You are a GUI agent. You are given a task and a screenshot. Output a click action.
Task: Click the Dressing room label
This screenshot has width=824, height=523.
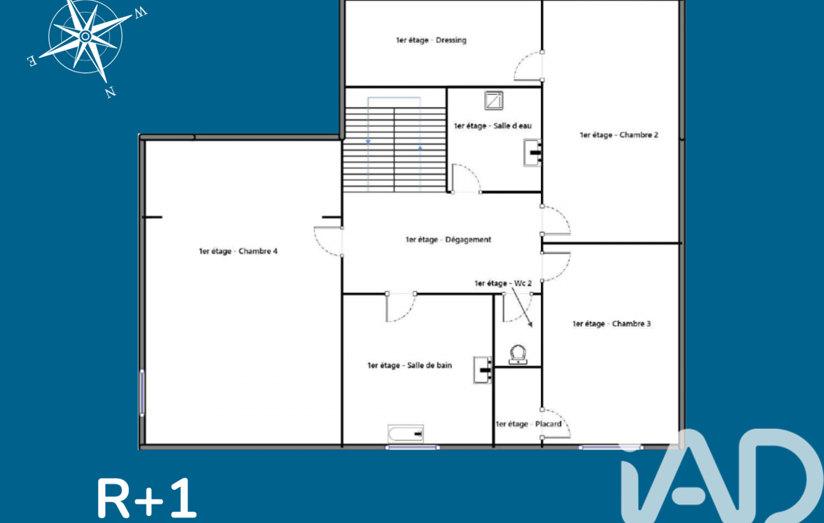[431, 40]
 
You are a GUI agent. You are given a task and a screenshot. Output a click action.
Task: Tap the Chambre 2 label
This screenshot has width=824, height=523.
[618, 134]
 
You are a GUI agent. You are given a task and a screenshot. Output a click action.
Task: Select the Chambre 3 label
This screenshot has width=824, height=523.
[611, 323]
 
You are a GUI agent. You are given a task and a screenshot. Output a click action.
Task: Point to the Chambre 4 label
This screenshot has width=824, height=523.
[238, 251]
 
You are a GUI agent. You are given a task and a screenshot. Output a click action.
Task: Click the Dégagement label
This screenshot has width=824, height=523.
[449, 240]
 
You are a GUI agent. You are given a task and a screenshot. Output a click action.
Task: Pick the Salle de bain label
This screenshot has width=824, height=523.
[409, 365]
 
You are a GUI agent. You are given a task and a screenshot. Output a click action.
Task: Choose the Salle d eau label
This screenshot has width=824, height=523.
[493, 126]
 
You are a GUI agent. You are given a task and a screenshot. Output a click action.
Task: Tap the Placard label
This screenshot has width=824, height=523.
[528, 423]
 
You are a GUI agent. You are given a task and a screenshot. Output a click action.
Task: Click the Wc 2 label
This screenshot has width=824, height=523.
[503, 283]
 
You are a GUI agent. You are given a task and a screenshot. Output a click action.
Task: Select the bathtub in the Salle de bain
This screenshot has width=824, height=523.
[406, 434]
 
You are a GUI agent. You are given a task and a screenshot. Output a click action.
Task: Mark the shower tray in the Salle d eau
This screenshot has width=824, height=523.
[494, 100]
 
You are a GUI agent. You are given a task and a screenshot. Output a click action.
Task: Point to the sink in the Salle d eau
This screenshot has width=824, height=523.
[532, 153]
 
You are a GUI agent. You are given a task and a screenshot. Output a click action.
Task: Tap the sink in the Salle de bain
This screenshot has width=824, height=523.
[482, 370]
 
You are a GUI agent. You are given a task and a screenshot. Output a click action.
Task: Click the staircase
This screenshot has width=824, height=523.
[395, 150]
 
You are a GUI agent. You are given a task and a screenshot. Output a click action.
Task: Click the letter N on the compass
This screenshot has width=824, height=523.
[110, 93]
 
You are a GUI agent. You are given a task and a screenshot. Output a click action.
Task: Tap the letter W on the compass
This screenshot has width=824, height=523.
[141, 13]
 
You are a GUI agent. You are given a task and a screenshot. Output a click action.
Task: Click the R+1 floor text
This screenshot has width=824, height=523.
[146, 498]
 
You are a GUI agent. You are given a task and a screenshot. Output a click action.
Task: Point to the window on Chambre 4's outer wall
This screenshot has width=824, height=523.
[141, 393]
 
